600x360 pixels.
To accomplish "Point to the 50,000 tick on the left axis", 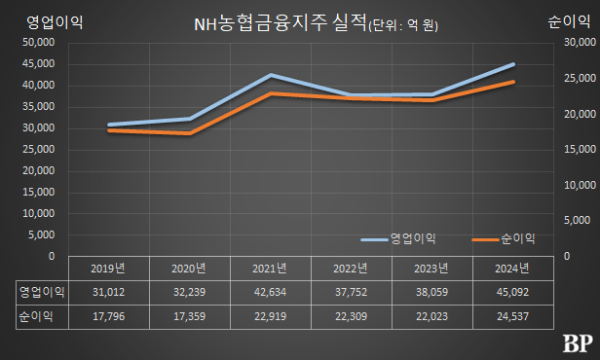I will pos(39,43).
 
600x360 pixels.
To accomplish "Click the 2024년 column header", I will pos(513,268).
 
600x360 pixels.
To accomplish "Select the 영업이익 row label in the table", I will pos(42,292).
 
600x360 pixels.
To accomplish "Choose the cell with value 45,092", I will pos(513,292).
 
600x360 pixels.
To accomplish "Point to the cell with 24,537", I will pos(513,317).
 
